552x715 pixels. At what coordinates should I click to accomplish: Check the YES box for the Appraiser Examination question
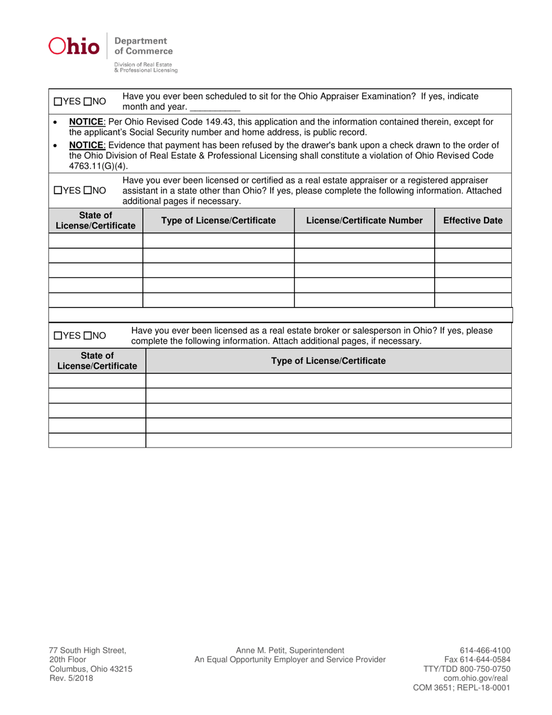58,102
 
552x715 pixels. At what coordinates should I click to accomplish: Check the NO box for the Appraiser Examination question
87,102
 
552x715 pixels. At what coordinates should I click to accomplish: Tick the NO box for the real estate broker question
87,335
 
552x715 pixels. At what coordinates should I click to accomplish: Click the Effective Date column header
473,220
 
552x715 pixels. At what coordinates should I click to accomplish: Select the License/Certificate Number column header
364,220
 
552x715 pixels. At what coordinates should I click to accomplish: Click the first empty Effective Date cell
473,240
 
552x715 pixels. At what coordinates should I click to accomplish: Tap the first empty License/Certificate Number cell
364,240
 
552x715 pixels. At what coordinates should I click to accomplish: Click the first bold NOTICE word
87,121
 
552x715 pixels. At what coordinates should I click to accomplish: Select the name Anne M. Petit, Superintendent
290,650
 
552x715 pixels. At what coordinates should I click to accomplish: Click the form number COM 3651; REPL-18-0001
461,687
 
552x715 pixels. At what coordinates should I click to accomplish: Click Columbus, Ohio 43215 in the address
90,668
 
